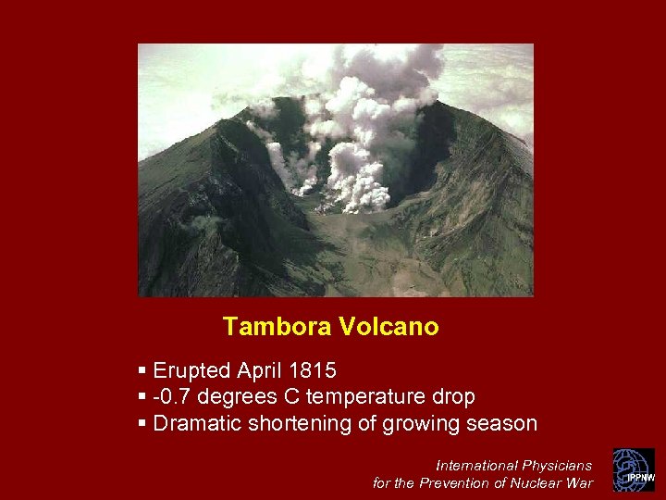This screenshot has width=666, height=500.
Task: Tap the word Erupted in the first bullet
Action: coord(191,371)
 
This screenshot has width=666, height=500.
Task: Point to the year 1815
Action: coord(313,371)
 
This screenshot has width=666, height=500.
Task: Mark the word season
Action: coord(501,424)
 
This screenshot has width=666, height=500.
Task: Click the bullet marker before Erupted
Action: coord(142,371)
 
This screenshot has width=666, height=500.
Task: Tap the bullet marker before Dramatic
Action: coord(142,424)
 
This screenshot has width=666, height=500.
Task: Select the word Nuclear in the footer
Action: coord(536,482)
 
